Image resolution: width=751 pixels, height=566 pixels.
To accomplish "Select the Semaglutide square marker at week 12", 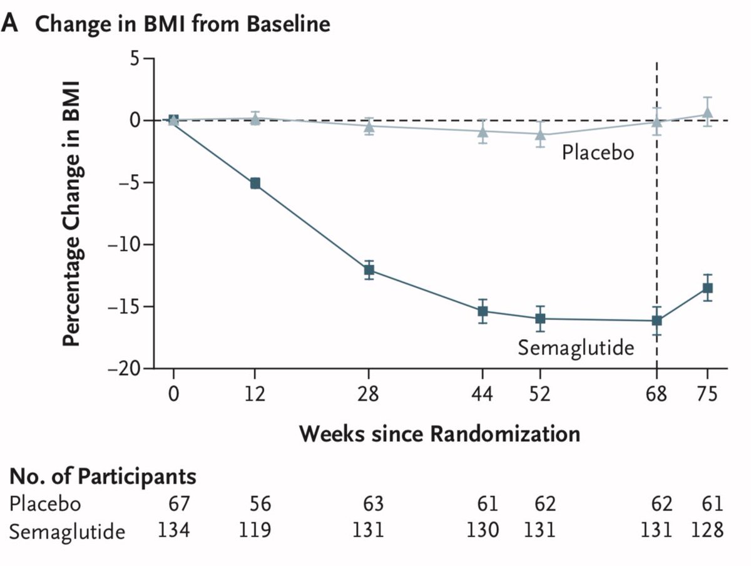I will (255, 183).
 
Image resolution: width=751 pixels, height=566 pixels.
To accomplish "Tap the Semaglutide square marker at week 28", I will (369, 270).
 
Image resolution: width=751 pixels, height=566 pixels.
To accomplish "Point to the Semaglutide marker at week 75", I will (707, 288).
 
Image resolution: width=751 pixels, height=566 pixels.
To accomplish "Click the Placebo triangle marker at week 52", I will (540, 133).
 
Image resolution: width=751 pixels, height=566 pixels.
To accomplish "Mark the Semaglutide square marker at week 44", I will (483, 311).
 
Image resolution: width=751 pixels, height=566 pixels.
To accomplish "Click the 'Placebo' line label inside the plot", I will (598, 152).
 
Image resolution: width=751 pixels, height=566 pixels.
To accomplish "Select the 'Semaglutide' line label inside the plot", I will (575, 347).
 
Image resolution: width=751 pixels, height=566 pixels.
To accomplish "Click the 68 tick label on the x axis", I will (656, 395).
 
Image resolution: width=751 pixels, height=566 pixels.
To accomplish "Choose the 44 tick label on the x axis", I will (483, 395).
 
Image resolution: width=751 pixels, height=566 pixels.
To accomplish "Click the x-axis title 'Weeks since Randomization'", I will (439, 433).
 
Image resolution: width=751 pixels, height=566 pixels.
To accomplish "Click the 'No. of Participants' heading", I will (103, 476).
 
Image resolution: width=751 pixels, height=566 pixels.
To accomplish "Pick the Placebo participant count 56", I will (255, 503).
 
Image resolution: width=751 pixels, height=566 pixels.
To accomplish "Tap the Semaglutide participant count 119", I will (255, 530).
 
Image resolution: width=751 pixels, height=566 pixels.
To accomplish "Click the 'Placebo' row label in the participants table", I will (46, 503).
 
